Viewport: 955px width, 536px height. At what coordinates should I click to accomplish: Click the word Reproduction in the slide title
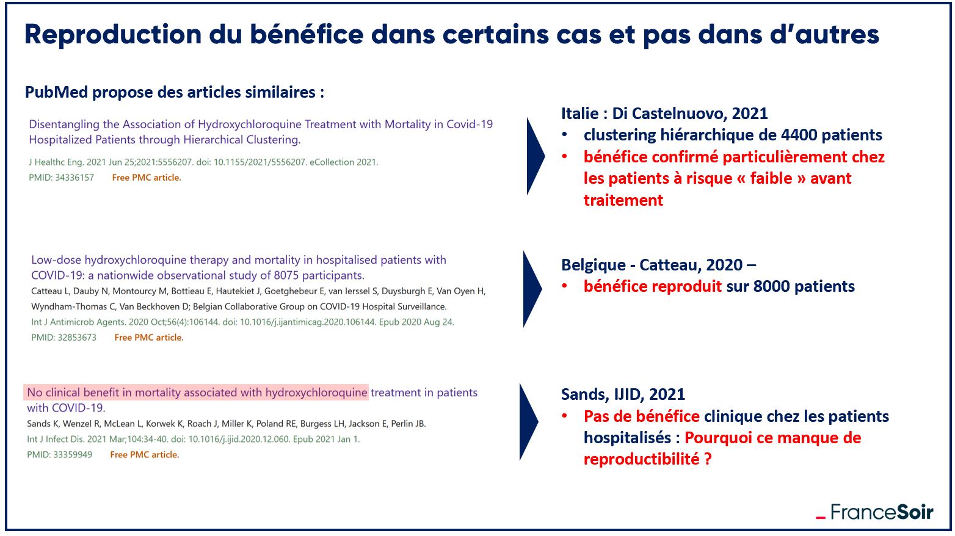113,35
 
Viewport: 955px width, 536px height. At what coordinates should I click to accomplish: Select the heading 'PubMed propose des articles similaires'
175,92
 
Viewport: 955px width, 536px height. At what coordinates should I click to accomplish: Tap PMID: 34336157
62,178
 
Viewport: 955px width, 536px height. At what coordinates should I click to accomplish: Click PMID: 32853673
64,338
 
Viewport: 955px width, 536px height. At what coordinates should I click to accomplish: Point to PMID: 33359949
60,455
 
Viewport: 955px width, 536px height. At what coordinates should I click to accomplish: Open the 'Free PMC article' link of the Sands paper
145,455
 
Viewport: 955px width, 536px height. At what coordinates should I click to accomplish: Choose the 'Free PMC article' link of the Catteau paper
149,338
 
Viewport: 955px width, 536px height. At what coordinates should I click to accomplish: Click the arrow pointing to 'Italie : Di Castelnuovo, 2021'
536,156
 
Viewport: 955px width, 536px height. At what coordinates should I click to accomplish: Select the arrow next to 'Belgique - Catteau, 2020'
532,289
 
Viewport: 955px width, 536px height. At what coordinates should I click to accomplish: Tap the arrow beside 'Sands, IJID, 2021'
529,421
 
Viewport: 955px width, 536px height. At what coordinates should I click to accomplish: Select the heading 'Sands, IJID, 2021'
623,394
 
